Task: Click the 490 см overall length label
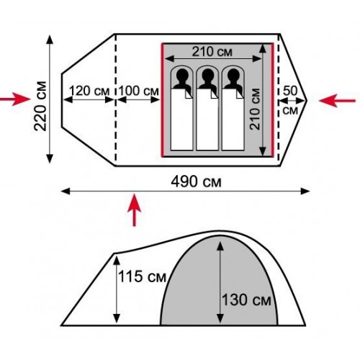[x=196, y=181]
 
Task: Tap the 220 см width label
[x=40, y=106]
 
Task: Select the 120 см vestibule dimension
[x=89, y=91]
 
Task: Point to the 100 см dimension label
[x=138, y=91]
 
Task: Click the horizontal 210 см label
[x=212, y=51]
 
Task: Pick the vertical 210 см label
[x=255, y=109]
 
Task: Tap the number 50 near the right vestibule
[x=290, y=91]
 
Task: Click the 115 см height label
[x=142, y=276]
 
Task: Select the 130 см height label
[x=246, y=300]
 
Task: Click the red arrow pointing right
[x=15, y=99]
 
